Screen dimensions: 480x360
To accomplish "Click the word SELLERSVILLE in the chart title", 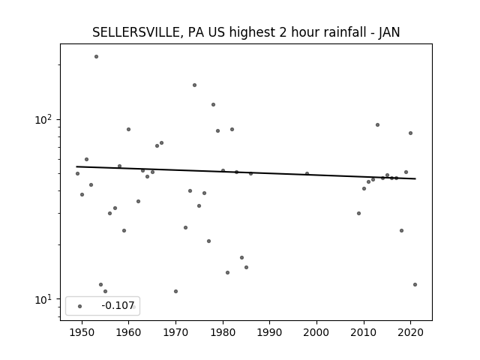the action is click(x=136, y=32).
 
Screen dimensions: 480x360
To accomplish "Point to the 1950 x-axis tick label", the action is click(x=82, y=332).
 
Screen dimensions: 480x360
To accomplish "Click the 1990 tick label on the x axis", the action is click(x=269, y=332).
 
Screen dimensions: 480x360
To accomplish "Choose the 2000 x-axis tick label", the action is click(x=316, y=332).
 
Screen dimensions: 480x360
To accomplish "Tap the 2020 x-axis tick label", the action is click(x=410, y=332).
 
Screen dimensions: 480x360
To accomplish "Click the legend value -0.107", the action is click(x=118, y=305).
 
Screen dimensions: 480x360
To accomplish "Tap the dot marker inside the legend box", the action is click(x=80, y=306).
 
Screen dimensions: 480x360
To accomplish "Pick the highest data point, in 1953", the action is click(x=96, y=57).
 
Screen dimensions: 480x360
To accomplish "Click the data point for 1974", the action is click(x=194, y=85).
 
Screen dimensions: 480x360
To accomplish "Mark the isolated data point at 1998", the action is click(x=307, y=173).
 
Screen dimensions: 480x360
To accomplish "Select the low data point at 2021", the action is click(x=415, y=285).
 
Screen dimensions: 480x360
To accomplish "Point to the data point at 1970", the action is click(x=175, y=292).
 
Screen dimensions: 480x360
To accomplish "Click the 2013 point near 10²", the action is click(x=377, y=125).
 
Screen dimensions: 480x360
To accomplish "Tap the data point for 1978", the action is click(x=213, y=105).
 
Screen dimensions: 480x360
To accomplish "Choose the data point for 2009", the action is click(x=358, y=213).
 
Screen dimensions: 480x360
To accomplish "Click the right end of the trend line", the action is click(x=415, y=178).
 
